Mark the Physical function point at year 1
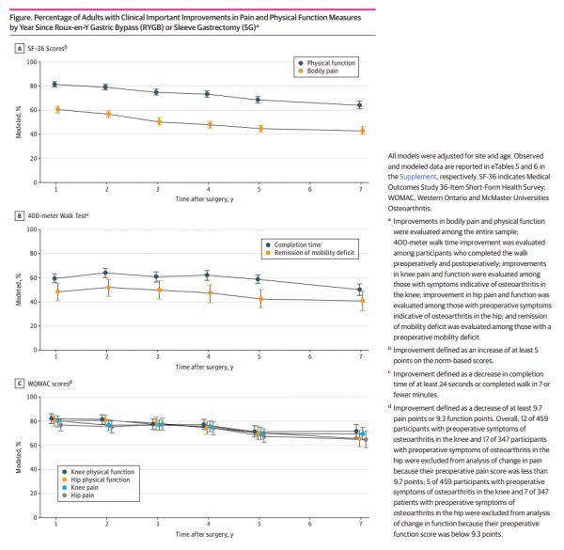click(x=55, y=85)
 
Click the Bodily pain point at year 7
click(x=359, y=131)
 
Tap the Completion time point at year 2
click(x=105, y=273)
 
